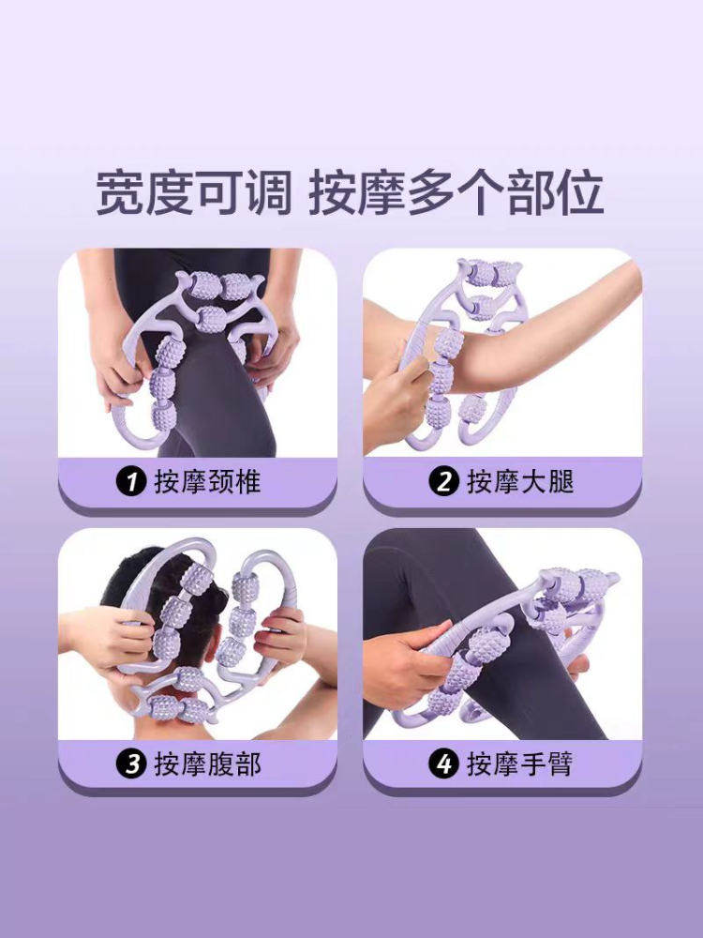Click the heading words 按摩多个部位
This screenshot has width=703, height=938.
456,192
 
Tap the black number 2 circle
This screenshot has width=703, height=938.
442,482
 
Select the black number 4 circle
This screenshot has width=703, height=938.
442,764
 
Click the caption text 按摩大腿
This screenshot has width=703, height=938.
519,482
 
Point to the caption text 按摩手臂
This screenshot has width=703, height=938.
519,764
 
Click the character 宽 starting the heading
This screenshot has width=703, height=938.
119,192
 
